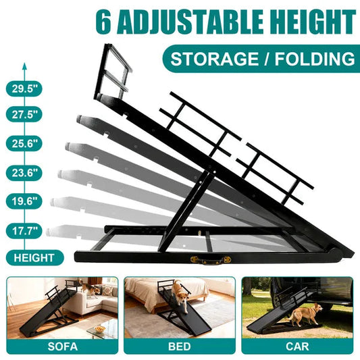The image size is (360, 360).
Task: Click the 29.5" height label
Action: click(x=24, y=88)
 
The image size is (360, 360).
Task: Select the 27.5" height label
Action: click(x=24, y=114)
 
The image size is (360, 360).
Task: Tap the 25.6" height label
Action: click(x=24, y=143)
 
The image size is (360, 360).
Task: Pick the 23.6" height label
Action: click(x=24, y=172)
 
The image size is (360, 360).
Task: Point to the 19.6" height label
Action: click(x=24, y=201)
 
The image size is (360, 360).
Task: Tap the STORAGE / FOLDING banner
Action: click(x=263, y=58)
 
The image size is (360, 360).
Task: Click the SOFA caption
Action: click(x=62, y=349)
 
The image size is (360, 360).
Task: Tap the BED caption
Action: click(x=180, y=349)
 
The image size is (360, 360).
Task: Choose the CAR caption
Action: click(x=297, y=349)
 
